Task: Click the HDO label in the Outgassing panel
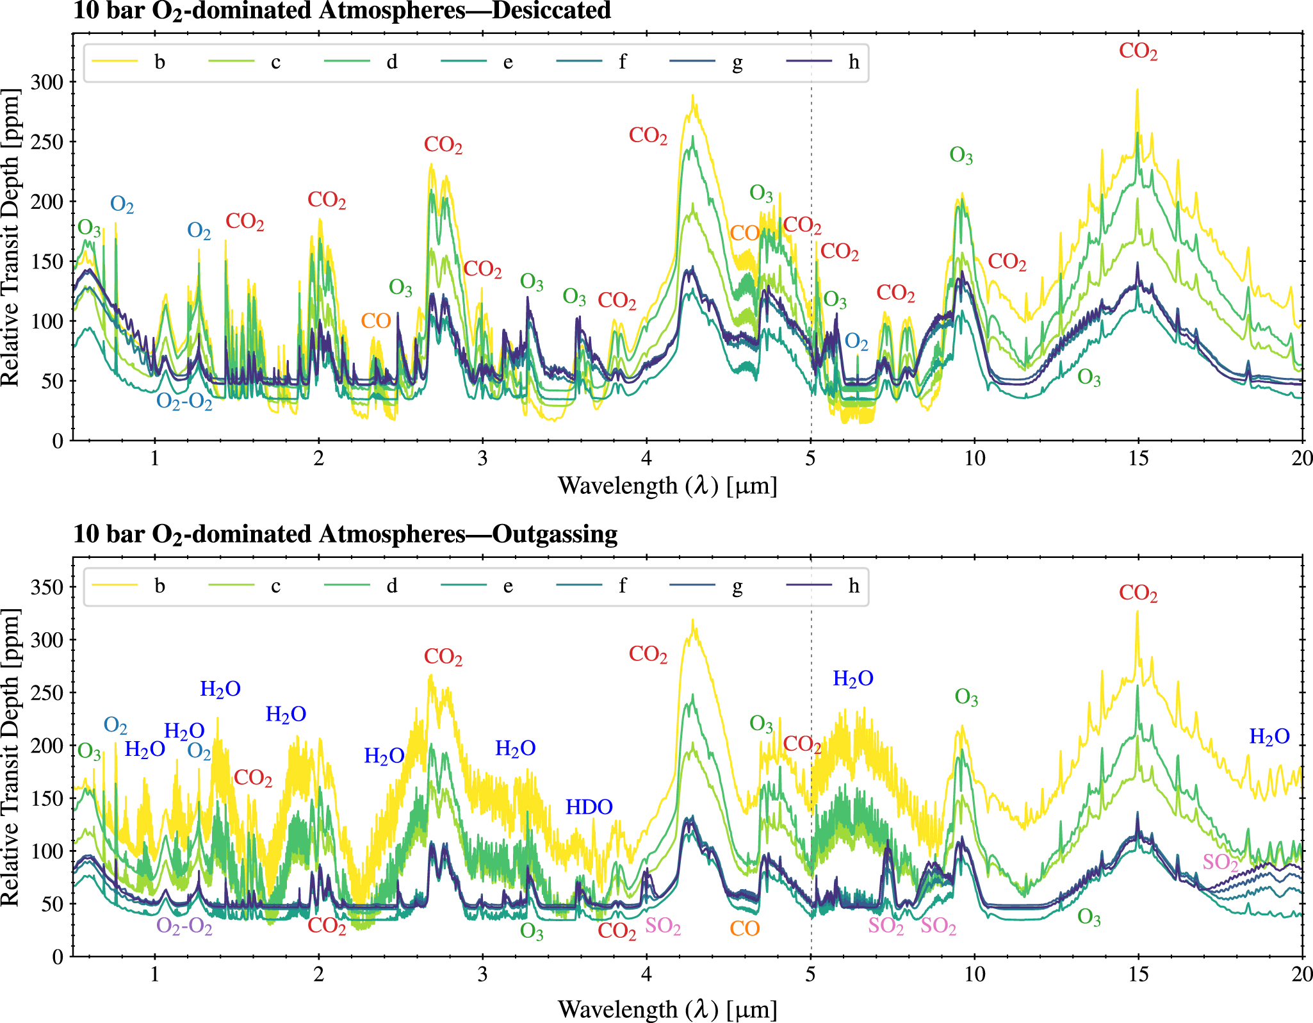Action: pos(589,807)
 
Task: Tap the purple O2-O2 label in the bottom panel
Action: pos(184,927)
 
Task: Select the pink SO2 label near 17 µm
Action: pos(1220,862)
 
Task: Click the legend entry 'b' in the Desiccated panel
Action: pos(159,62)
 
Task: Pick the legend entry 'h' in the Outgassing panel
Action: pos(853,586)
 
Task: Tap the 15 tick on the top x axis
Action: pos(1138,459)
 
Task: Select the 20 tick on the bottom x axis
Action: pos(1301,974)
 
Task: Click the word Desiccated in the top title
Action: pos(551,11)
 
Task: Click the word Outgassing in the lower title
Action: pos(555,534)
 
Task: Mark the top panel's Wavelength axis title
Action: pos(667,486)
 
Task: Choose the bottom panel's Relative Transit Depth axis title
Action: pos(11,757)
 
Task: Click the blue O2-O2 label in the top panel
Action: pos(184,402)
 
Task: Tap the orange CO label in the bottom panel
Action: pos(744,928)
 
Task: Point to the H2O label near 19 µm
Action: pos(1269,737)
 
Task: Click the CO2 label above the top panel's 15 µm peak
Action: pos(1138,51)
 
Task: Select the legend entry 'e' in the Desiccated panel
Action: pos(507,62)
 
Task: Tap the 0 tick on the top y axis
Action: pos(58,441)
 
